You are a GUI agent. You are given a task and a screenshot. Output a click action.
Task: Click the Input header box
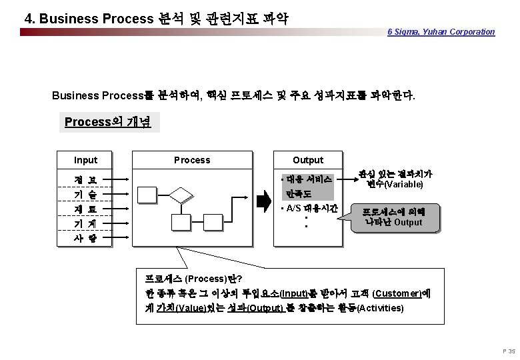coord(85,160)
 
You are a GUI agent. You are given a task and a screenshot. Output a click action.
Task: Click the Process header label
coord(192,160)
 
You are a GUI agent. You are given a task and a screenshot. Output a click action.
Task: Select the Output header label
coord(308,160)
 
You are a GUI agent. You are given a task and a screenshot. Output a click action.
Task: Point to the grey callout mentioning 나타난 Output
coord(396,217)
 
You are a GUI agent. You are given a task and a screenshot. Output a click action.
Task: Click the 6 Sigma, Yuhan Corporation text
coord(441,31)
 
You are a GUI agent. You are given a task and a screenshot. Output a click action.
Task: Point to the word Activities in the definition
coord(381,309)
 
